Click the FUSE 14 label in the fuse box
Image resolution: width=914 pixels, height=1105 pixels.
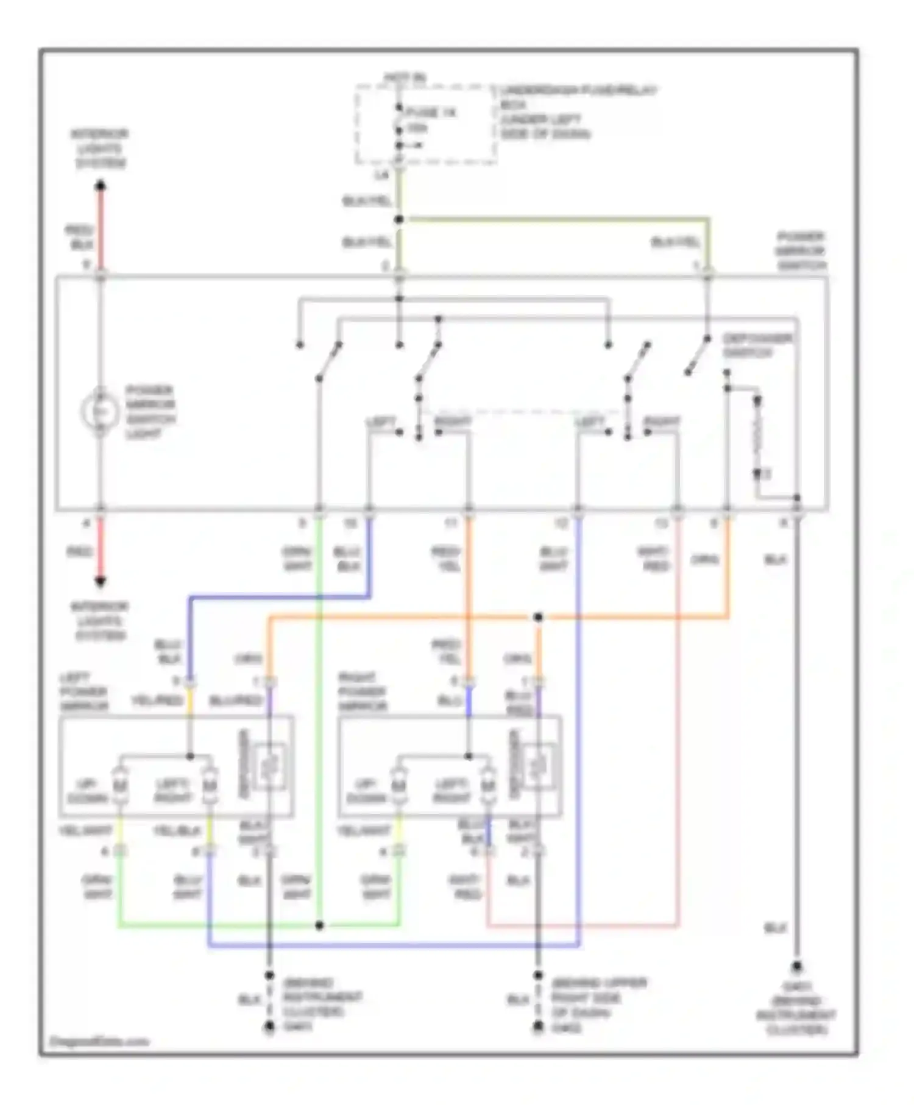click(431, 113)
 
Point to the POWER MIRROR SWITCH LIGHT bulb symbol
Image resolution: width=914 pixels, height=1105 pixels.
click(100, 412)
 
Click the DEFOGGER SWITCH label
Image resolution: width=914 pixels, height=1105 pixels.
click(757, 345)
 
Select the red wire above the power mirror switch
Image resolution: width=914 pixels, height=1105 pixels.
click(101, 228)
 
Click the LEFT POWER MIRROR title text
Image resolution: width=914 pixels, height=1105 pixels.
click(83, 692)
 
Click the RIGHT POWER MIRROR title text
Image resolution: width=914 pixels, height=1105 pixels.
click(363, 692)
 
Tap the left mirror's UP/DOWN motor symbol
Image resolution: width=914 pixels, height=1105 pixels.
click(120, 786)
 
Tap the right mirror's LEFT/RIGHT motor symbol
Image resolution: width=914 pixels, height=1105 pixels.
click(487, 786)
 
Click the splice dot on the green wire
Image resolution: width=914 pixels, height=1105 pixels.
click(319, 926)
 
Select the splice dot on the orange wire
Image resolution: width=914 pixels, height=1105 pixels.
click(538, 618)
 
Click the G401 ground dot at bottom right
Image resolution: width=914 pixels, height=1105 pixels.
click(796, 967)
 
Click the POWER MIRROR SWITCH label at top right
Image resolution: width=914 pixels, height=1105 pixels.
click(800, 251)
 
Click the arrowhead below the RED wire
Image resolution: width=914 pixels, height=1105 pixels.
click(101, 582)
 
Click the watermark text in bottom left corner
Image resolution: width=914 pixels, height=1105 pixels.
click(99, 1041)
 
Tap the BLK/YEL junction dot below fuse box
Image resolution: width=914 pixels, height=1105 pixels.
click(399, 219)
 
